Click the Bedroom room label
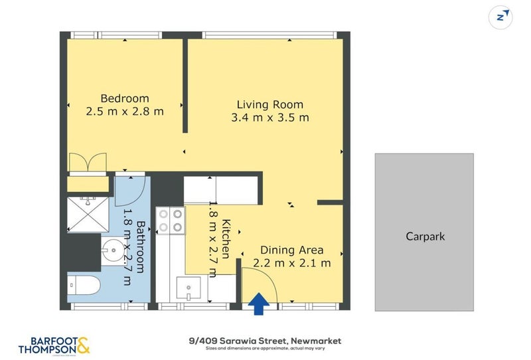coord(125,98)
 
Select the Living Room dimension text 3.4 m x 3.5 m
coord(270,118)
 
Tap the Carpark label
coord(425,236)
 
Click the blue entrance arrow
coord(259,304)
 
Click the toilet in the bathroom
coord(84,286)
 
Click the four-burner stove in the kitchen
coord(171,220)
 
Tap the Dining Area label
coord(291,250)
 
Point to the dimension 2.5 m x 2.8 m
coord(125,112)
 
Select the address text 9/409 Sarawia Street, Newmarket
coord(265,340)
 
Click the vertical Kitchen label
coord(226,239)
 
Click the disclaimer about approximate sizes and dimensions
coord(265,348)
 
